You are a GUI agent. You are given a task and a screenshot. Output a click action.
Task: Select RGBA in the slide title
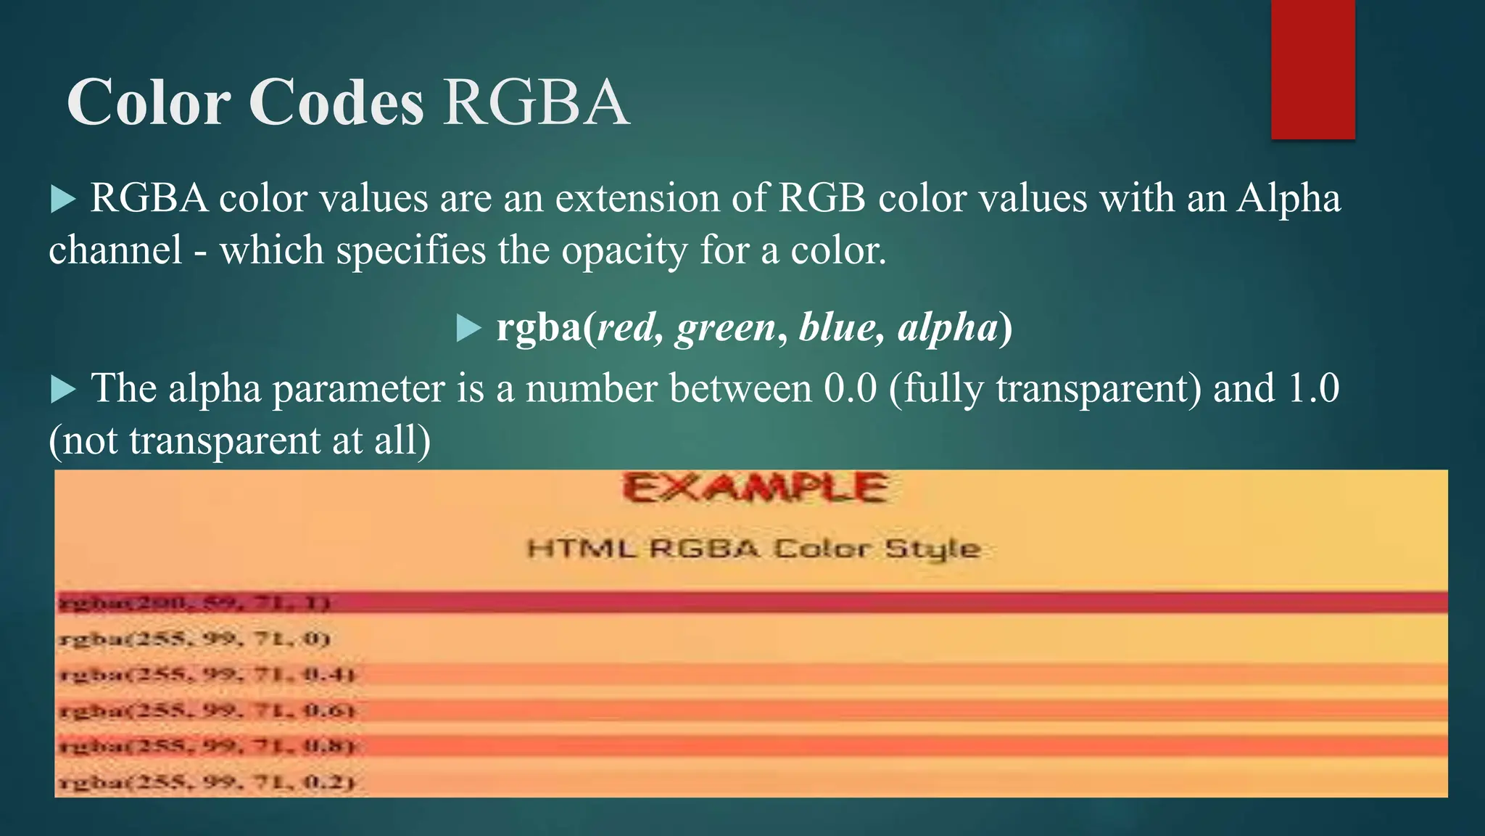pyautogui.click(x=536, y=102)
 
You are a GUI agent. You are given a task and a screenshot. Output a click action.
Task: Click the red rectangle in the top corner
pyautogui.click(x=1312, y=69)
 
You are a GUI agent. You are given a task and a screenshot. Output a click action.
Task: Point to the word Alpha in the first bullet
pyautogui.click(x=1288, y=198)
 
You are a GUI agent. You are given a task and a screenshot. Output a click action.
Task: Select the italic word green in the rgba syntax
pyautogui.click(x=726, y=328)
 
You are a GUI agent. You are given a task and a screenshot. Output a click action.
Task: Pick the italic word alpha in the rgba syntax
pyautogui.click(x=947, y=327)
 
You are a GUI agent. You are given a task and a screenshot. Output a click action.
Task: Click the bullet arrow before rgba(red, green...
pyautogui.click(x=469, y=329)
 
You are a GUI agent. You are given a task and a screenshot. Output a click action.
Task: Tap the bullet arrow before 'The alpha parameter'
pyautogui.click(x=64, y=390)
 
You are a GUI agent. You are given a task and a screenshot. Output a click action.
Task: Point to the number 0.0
pyautogui.click(x=850, y=388)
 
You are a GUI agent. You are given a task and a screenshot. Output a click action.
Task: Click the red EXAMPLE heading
pyautogui.click(x=755, y=488)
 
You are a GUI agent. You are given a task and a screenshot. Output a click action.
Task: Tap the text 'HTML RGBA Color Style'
pyautogui.click(x=753, y=549)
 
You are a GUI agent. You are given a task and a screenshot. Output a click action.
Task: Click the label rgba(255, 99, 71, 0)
pyautogui.click(x=194, y=639)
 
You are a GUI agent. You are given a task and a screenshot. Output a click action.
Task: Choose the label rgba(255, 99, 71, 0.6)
pyautogui.click(x=207, y=710)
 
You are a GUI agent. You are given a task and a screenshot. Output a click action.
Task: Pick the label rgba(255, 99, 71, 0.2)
pyautogui.click(x=206, y=782)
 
